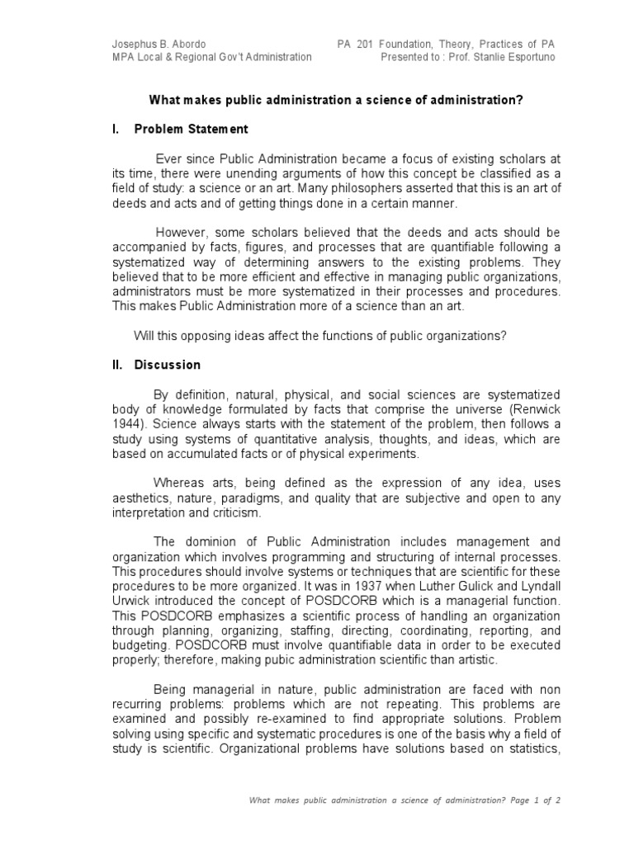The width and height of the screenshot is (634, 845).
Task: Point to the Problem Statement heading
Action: tap(191, 130)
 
